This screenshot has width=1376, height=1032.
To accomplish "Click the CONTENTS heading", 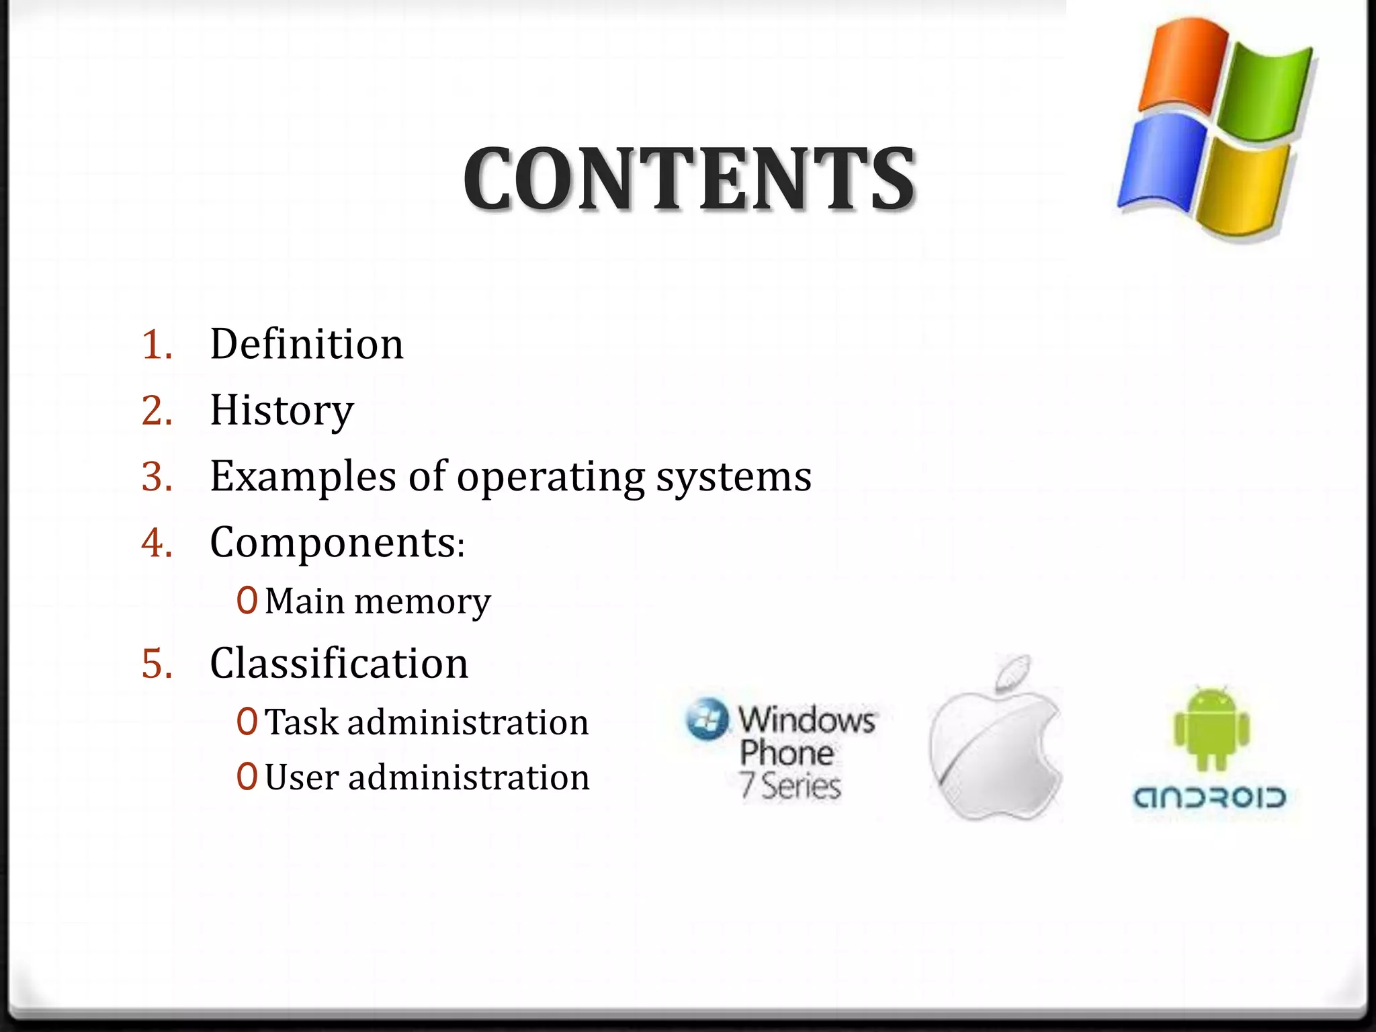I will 689,179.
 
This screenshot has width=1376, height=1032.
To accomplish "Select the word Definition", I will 306,344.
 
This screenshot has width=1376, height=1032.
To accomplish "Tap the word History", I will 282,410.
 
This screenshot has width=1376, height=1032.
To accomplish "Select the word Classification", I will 339,663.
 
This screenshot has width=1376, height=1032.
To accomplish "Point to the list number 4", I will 157,542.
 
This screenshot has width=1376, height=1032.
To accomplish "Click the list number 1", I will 157,345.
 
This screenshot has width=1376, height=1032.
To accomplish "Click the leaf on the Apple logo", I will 1013,672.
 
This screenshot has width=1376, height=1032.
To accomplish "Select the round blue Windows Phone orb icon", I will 707,718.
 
